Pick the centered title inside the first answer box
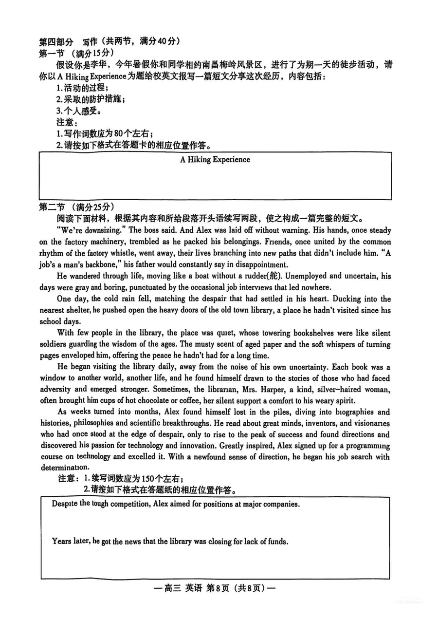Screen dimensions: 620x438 (215, 159)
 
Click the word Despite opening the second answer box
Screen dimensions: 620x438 (65, 504)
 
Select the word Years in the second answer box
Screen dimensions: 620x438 (62, 541)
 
